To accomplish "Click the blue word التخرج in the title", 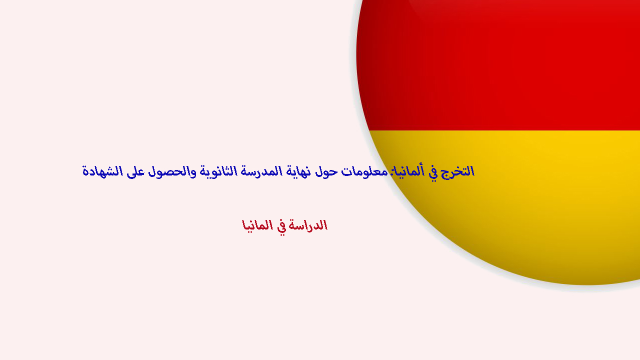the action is (x=457, y=172).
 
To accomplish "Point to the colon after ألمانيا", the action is (x=390, y=171).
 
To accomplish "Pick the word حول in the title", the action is (x=326, y=172).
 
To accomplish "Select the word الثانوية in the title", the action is (x=218, y=171).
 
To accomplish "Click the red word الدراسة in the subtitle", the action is (x=307, y=225).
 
